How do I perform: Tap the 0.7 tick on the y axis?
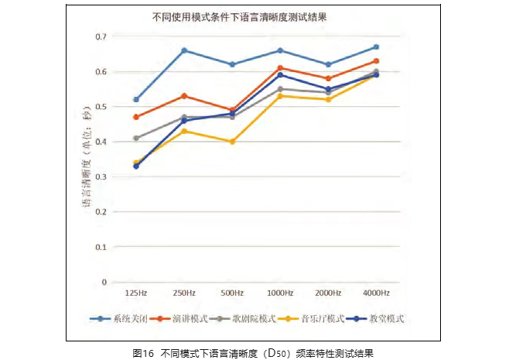click(101, 36)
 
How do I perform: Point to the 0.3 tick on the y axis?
click(101, 177)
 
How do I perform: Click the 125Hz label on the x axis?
click(136, 293)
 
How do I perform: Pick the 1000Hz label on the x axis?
click(280, 293)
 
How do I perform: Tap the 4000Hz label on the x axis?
click(376, 293)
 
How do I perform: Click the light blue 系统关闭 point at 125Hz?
click(136, 100)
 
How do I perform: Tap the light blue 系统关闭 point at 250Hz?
click(184, 50)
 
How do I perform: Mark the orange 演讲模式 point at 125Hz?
click(136, 117)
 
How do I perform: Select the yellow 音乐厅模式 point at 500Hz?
click(232, 142)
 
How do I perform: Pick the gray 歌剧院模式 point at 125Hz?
click(136, 139)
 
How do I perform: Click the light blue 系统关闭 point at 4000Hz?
click(376, 47)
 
